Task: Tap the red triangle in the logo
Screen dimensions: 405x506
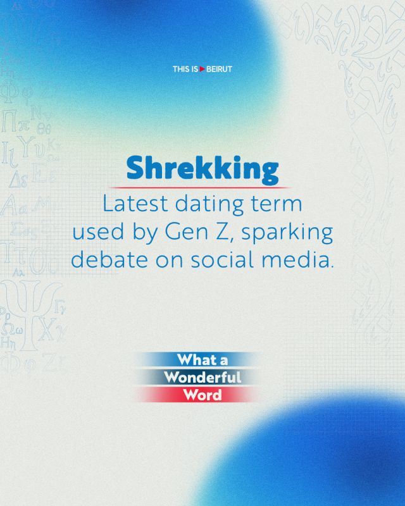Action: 202,69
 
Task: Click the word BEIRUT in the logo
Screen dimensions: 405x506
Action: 219,69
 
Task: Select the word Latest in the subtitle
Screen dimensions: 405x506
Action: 135,204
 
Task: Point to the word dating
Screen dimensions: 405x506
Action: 209,205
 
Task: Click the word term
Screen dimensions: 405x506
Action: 277,204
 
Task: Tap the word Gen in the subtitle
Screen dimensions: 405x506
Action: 186,231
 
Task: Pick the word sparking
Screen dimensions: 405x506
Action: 287,233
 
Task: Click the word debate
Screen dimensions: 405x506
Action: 109,259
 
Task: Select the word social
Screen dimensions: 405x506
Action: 222,259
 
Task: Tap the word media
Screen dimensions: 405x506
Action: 297,259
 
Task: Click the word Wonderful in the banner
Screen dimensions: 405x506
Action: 202,377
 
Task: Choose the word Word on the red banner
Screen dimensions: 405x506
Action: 202,395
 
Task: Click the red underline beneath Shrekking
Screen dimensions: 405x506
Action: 200,187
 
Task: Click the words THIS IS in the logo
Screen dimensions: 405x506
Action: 185,69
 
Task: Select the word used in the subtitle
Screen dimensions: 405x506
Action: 98,231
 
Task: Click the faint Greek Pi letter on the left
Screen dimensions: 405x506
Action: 9,121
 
